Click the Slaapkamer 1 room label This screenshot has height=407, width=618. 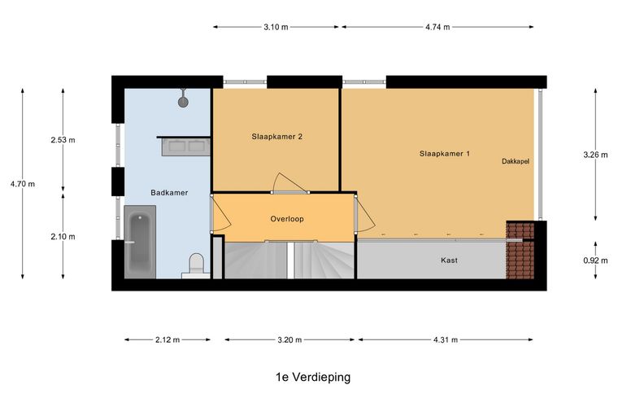pyautogui.click(x=445, y=153)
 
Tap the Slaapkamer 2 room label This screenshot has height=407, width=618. pyautogui.click(x=277, y=137)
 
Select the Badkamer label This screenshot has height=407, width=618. pyautogui.click(x=169, y=193)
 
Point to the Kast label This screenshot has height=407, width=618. pyautogui.click(x=449, y=260)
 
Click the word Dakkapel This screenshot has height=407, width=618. pyautogui.click(x=516, y=162)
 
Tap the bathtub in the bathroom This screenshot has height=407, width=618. pyautogui.click(x=139, y=242)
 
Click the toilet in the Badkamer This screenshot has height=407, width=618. pyautogui.click(x=195, y=265)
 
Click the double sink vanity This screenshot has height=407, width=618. pyautogui.click(x=186, y=147)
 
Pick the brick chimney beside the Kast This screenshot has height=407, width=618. pyautogui.click(x=520, y=250)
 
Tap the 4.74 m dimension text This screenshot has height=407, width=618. pyautogui.click(x=437, y=27)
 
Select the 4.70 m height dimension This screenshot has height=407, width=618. pyautogui.click(x=23, y=184)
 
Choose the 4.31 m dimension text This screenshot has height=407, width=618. pyautogui.click(x=444, y=340)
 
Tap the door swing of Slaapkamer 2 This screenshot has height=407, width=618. pyautogui.click(x=287, y=183)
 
